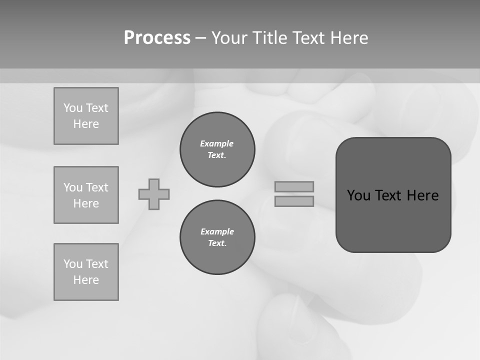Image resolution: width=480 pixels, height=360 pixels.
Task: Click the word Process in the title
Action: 157,38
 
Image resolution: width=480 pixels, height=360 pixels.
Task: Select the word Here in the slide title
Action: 349,38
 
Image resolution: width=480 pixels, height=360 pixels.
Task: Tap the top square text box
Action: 86,116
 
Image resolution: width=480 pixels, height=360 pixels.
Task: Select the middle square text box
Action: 86,195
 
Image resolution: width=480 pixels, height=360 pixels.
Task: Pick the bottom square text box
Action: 86,272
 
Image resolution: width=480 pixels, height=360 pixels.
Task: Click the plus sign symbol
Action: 154,194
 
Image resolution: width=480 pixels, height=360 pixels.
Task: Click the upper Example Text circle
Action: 217,149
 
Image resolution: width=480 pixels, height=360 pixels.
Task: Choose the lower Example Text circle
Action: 217,237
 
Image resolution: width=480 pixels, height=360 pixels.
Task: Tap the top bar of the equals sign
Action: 294,186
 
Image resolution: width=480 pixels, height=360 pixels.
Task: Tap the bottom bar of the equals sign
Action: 294,201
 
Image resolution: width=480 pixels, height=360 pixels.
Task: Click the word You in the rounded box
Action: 358,195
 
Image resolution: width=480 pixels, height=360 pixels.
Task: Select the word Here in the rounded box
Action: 422,195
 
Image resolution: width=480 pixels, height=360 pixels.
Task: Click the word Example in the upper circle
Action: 217,143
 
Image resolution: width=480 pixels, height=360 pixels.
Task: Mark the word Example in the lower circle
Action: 217,231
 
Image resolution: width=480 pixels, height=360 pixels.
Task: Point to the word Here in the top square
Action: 86,124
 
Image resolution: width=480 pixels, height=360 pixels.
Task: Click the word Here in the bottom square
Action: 86,280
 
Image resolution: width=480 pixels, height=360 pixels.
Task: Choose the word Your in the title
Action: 229,38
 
